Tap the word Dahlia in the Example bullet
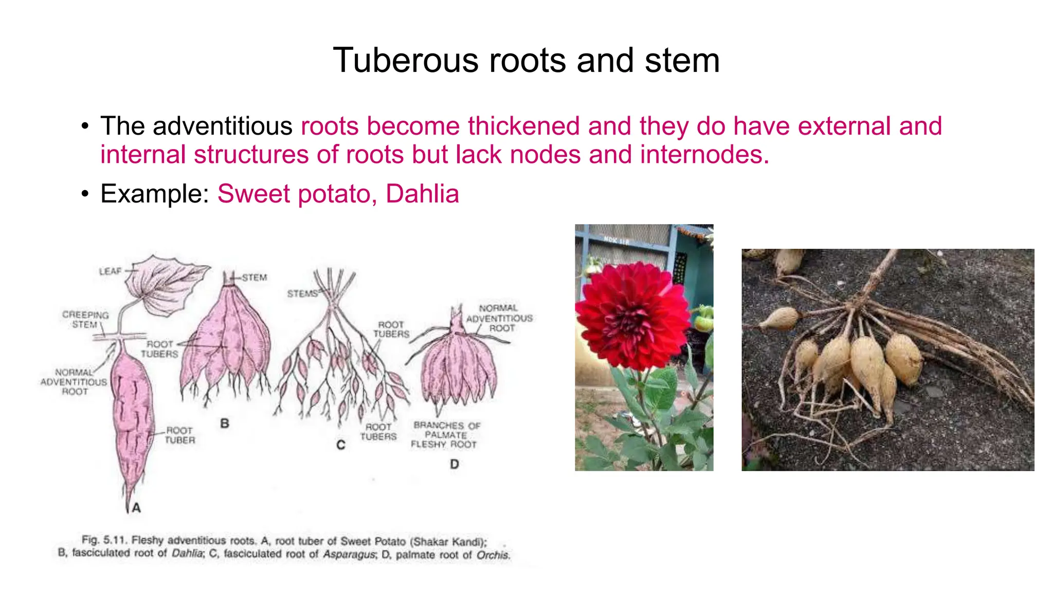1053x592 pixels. click(x=422, y=194)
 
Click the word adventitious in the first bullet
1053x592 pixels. click(x=222, y=126)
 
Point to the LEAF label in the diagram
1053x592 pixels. click(x=110, y=271)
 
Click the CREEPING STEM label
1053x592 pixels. click(x=85, y=320)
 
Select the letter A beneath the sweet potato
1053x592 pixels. click(x=136, y=508)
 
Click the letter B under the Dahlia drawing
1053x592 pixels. click(x=225, y=424)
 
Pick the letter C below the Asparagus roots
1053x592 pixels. click(x=340, y=445)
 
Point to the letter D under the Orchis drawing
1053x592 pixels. click(x=455, y=465)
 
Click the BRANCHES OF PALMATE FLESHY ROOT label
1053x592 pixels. click(x=445, y=435)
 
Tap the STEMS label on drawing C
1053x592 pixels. click(x=302, y=294)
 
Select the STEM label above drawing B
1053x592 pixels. click(x=255, y=277)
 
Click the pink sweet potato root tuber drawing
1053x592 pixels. click(x=132, y=416)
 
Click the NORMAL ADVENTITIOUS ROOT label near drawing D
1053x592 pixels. click(x=499, y=318)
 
